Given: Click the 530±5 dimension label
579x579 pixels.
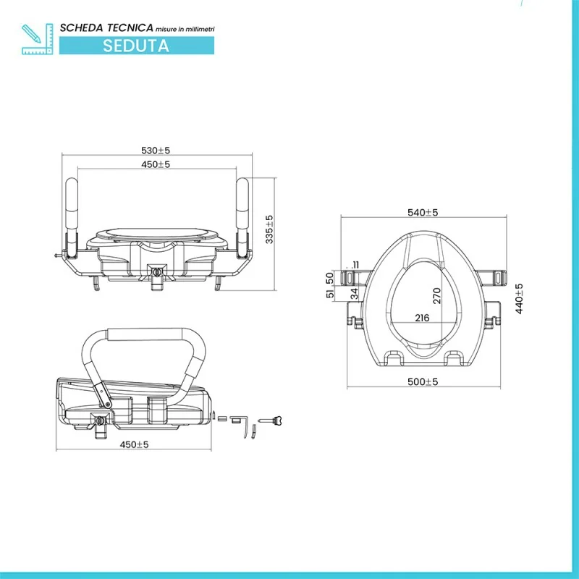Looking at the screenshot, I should tap(156, 151).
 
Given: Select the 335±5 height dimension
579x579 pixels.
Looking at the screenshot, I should tap(269, 229).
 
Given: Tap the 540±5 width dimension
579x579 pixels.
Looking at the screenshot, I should tap(423, 213).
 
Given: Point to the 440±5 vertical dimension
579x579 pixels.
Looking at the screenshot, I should tap(519, 297).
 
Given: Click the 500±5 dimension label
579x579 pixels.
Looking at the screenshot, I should tap(423, 381).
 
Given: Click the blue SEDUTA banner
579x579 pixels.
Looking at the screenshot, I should tap(136, 45).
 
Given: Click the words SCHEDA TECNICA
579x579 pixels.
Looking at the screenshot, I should tap(106, 27).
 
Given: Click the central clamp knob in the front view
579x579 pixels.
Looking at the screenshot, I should tap(156, 271).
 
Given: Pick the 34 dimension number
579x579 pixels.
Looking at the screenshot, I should tap(354, 293).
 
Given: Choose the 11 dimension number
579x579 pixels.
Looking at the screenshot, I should tap(355, 264).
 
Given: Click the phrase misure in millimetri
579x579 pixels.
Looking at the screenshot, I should tap(185, 28).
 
